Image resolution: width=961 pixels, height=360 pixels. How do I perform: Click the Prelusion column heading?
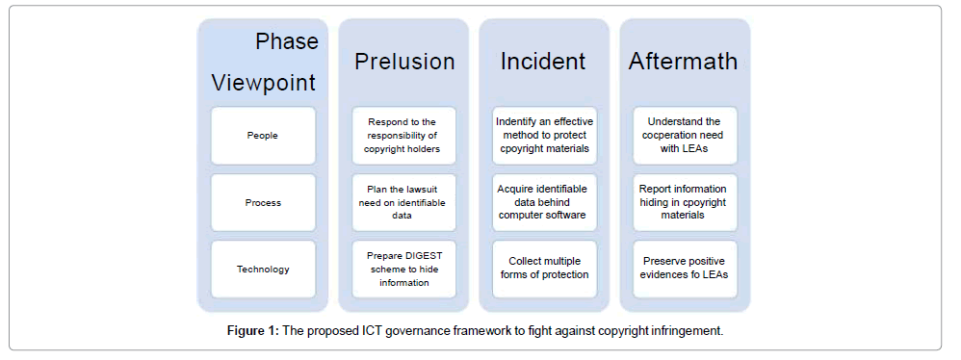click(404, 62)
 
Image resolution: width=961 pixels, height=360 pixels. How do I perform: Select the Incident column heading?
click(543, 62)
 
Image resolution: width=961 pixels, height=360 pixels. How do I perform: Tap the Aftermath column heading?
click(683, 62)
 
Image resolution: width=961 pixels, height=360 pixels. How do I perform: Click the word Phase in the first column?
click(287, 41)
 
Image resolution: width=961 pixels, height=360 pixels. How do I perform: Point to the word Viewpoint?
click(264, 82)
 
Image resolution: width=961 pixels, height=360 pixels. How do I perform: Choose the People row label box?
click(263, 136)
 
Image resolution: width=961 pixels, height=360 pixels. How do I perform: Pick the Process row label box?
click(263, 203)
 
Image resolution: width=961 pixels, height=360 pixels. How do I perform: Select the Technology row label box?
click(263, 269)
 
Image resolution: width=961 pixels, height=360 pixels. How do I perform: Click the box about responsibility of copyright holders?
click(403, 136)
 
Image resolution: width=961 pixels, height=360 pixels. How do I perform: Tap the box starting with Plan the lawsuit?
click(403, 203)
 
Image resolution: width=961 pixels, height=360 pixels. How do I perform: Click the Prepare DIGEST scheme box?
click(403, 269)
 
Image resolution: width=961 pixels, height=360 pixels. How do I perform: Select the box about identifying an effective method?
click(544, 136)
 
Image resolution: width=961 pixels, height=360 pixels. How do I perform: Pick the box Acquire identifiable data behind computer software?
click(544, 203)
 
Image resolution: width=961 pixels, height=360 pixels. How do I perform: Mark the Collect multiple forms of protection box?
click(544, 269)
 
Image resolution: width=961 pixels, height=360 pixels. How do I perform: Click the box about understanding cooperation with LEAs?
click(685, 136)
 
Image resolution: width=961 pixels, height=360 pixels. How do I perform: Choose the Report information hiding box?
click(685, 203)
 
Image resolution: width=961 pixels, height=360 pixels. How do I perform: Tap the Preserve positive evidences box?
click(685, 269)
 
